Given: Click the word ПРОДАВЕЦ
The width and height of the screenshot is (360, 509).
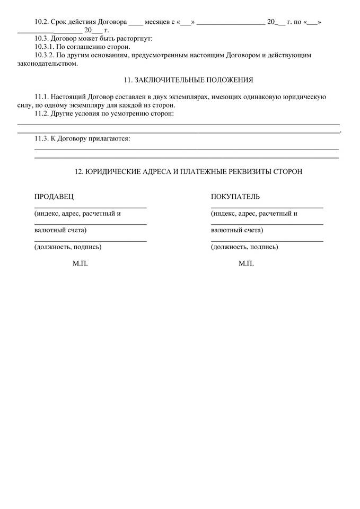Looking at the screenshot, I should click(54, 197).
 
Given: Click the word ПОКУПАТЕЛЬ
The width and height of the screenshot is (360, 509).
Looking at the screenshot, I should click(235, 197).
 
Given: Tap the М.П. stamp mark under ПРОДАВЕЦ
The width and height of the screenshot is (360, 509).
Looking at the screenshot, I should click(80, 264).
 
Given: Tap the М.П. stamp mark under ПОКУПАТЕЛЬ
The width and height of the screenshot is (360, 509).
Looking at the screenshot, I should click(246, 264).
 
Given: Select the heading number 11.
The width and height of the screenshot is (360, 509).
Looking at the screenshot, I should click(127, 80).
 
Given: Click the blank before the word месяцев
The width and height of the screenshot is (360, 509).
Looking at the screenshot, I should click(136, 23).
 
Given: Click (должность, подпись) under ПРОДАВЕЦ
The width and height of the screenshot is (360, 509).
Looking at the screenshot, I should click(68, 247).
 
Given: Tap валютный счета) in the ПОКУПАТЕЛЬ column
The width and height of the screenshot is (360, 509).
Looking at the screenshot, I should click(236, 230).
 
